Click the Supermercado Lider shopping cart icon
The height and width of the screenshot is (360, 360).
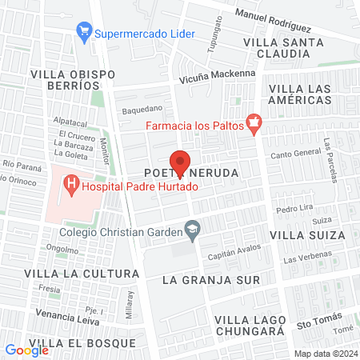[83, 33]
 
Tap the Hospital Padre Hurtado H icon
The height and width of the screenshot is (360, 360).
[72, 188]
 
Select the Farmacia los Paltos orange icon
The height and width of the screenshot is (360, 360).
[254, 123]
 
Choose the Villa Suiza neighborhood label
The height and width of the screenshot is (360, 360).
[307, 235]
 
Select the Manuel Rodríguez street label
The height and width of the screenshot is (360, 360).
[273, 16]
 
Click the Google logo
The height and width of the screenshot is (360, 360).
[26, 350]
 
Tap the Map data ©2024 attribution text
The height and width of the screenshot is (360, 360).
[325, 354]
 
